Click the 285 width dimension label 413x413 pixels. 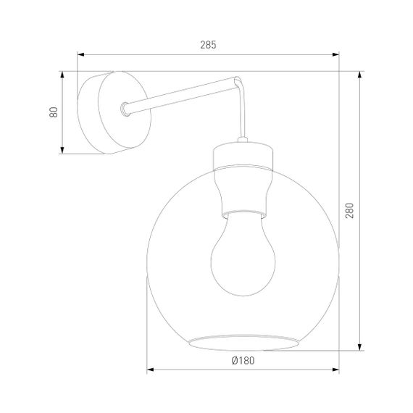pos(208,45)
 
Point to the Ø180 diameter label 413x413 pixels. pos(243,359)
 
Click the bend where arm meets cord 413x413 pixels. pos(237,81)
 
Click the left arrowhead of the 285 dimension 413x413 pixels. pos(81,54)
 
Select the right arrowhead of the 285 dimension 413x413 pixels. pos(335,54)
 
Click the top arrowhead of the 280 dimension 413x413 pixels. pos(360,76)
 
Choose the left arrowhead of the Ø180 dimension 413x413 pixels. pos(151,370)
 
